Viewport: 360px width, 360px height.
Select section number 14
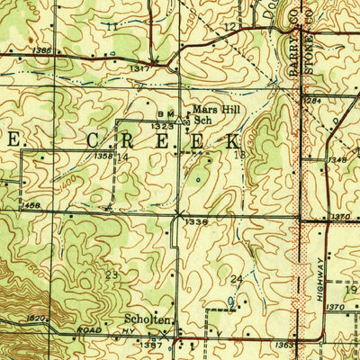122,157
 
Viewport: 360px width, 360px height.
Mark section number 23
112,274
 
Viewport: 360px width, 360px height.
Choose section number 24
238,279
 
